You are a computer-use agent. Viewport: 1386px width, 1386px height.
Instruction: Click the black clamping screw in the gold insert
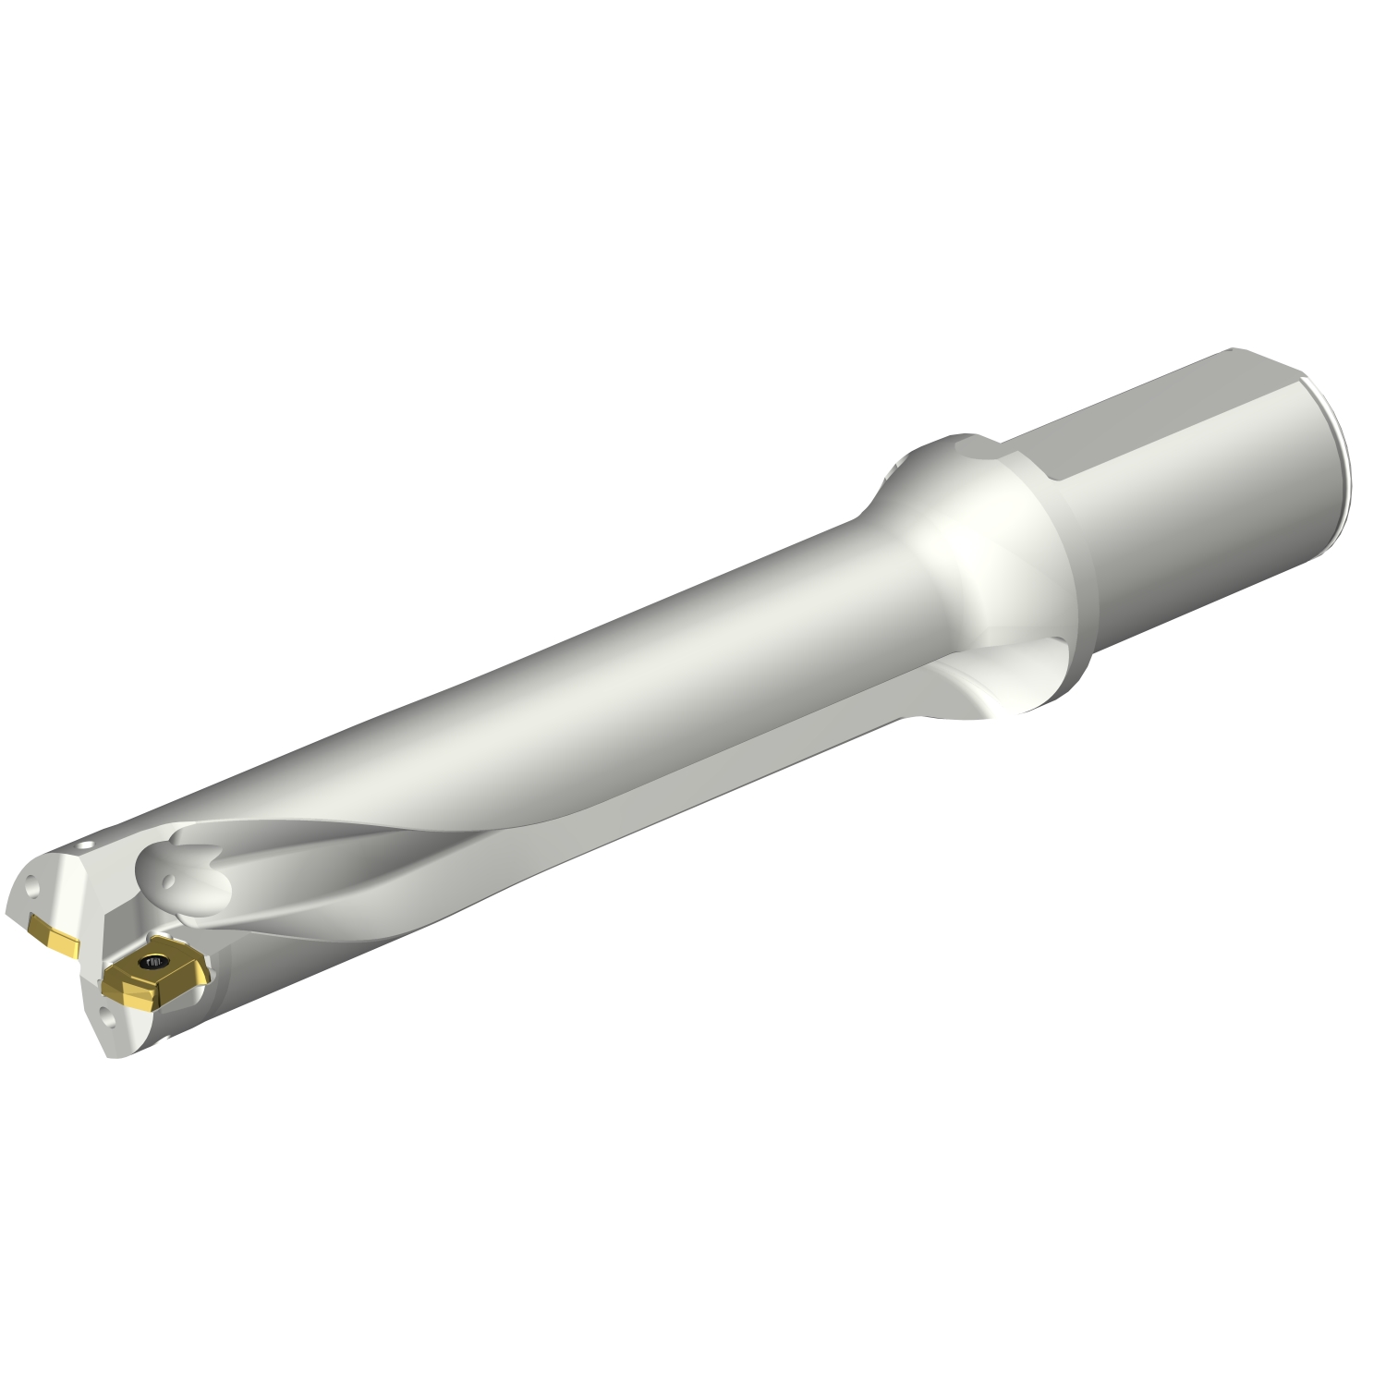149,963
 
